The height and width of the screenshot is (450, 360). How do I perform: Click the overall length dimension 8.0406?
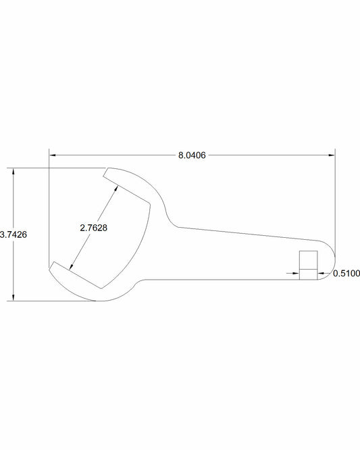[192, 155]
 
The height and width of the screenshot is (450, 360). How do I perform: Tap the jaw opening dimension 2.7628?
[93, 228]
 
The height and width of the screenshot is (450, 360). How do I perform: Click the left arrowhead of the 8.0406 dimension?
[53, 155]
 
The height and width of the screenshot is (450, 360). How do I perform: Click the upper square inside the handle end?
[308, 259]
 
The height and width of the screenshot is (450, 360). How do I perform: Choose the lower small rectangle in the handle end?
[308, 274]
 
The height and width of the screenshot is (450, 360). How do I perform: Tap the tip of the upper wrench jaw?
[105, 176]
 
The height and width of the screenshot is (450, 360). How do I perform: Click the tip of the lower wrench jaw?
[51, 268]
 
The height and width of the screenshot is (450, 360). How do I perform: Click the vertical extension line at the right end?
[335, 203]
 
